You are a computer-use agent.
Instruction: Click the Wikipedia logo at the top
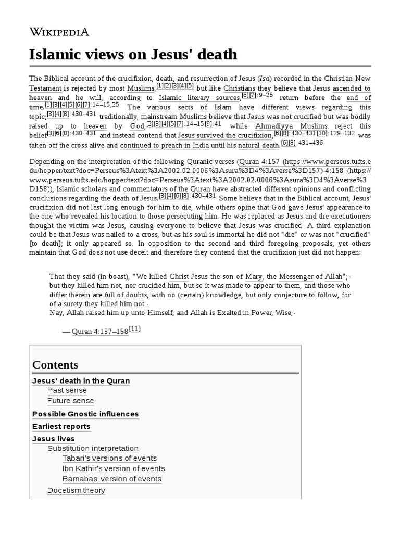tap(59, 32)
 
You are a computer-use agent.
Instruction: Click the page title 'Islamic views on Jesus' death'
tap(133, 54)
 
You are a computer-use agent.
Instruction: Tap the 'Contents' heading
tap(55, 364)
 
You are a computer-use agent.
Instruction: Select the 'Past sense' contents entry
tap(67, 390)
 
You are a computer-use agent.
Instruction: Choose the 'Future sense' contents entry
tap(71, 401)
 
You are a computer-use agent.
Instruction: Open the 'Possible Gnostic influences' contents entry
tap(85, 414)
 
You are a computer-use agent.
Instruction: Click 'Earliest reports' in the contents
tap(61, 426)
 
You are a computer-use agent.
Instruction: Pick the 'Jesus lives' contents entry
tap(53, 439)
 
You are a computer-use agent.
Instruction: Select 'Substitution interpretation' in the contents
tap(93, 448)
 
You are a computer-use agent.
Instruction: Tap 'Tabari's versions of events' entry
tap(109, 458)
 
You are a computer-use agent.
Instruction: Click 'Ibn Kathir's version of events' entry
tap(114, 468)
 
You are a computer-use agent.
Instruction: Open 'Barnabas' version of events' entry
tap(112, 479)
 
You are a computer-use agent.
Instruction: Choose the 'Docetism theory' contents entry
tap(76, 490)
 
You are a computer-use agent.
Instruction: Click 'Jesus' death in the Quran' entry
tap(81, 380)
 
